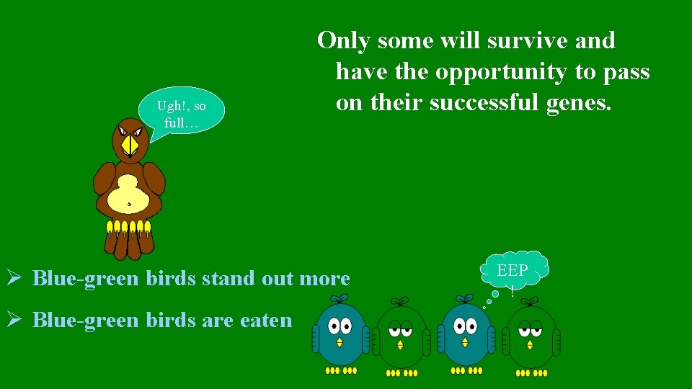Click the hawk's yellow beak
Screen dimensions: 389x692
(130, 146)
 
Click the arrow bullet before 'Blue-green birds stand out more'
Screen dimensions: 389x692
(13, 277)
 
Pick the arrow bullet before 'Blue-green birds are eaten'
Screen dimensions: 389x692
(13, 320)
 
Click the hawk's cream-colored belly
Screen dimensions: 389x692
(130, 194)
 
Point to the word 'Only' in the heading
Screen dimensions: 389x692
(342, 40)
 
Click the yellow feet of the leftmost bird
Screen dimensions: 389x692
(341, 370)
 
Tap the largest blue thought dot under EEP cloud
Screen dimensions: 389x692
(495, 293)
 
